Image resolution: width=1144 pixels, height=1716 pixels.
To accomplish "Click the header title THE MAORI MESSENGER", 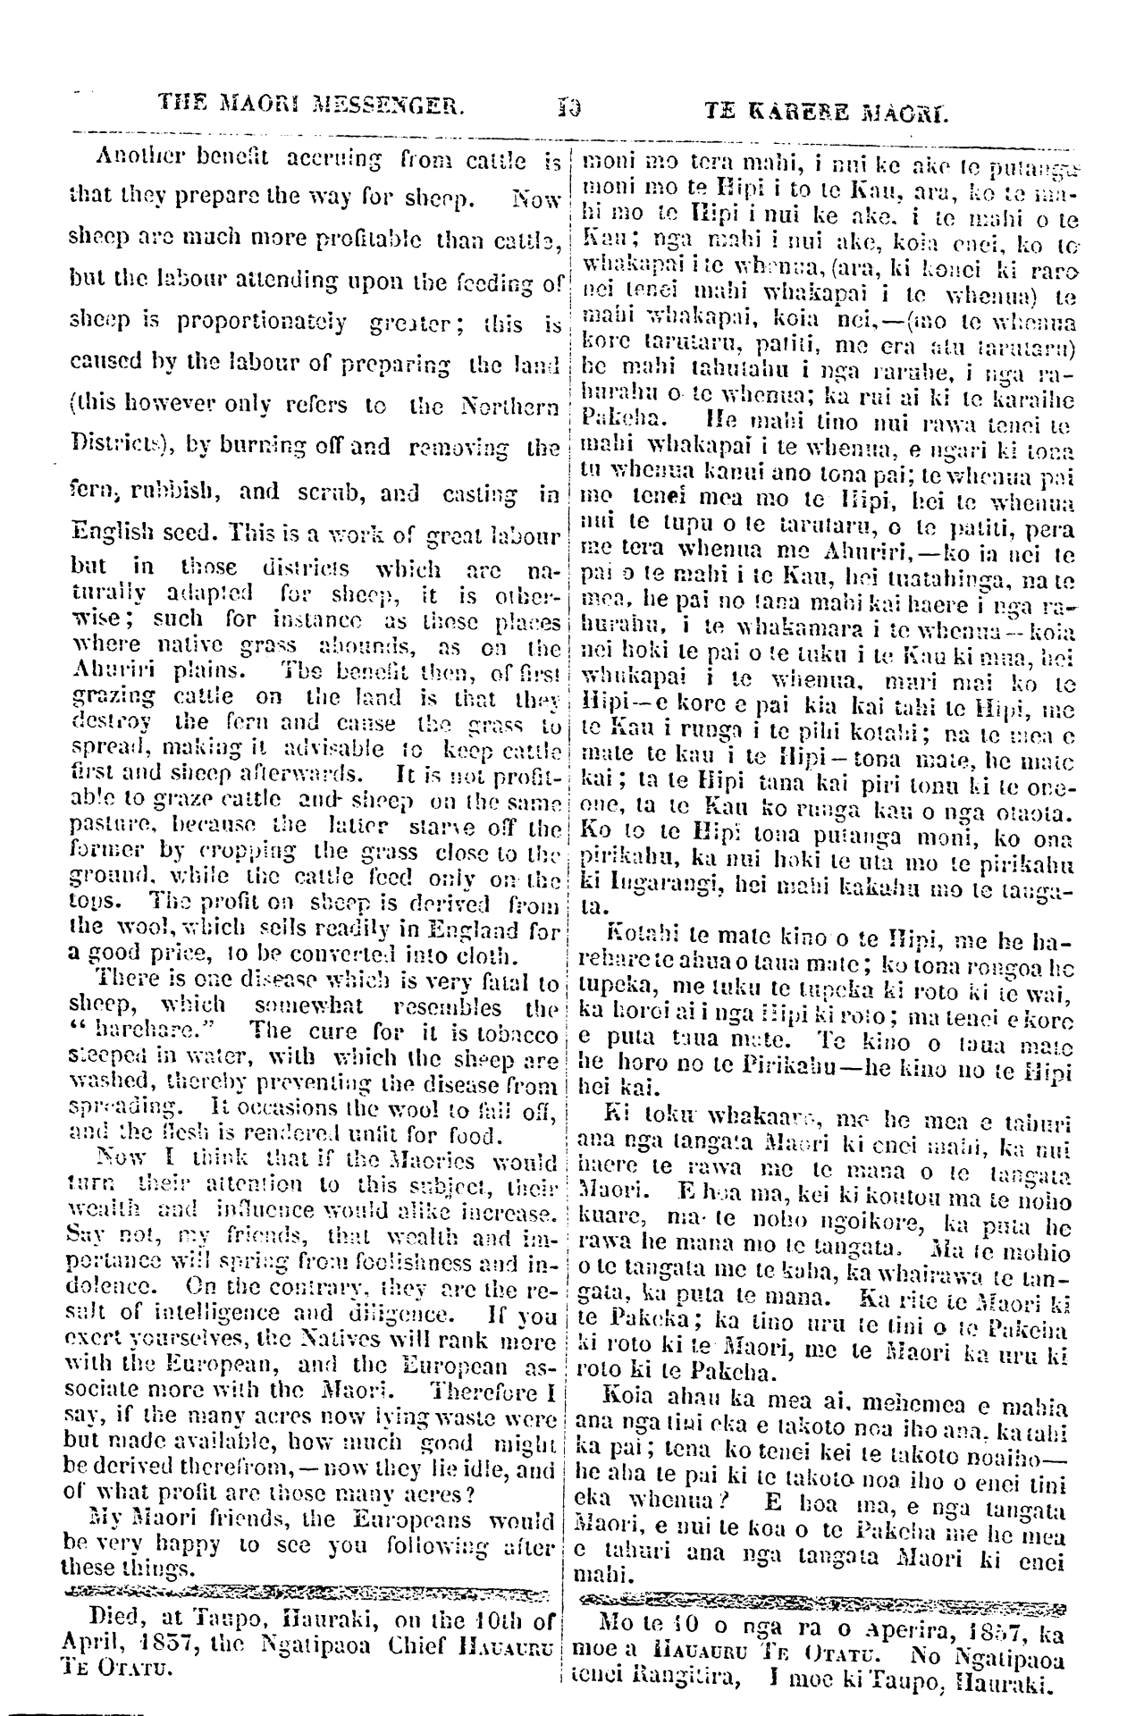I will point(312,113).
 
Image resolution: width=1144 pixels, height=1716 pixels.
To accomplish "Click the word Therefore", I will point(484,1392).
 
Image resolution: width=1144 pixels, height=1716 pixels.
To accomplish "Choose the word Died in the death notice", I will point(116,1619).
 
